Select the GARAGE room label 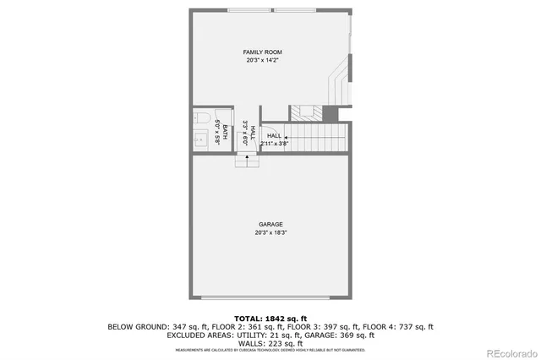click(x=270, y=224)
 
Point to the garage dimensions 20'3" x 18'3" click(x=270, y=232)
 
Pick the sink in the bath click(x=201, y=139)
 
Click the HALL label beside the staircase click(x=274, y=135)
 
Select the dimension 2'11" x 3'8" click(x=275, y=144)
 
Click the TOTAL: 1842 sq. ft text click(x=270, y=317)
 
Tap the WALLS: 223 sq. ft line click(x=270, y=344)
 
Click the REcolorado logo click(x=510, y=352)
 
